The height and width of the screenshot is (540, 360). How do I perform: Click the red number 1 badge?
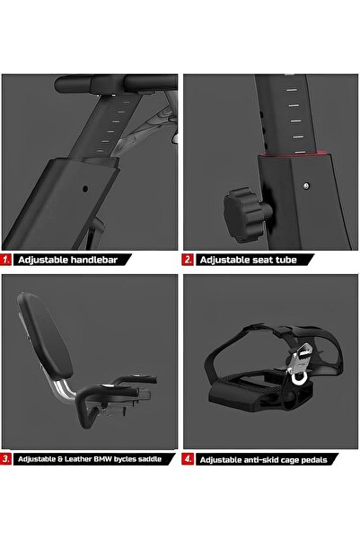[x=5, y=260]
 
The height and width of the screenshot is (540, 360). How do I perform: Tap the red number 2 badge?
[x=188, y=260]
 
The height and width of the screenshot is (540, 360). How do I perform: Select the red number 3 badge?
[x=5, y=459]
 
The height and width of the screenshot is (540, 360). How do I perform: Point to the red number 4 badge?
[x=188, y=459]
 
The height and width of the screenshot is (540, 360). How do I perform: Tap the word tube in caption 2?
[x=287, y=260]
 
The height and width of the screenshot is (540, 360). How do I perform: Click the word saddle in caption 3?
[x=150, y=459]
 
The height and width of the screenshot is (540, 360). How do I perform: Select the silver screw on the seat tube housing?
[x=306, y=186]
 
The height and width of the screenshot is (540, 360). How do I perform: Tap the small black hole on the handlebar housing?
[x=85, y=189]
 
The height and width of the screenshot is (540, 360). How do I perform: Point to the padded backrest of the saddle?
[x=44, y=334]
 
